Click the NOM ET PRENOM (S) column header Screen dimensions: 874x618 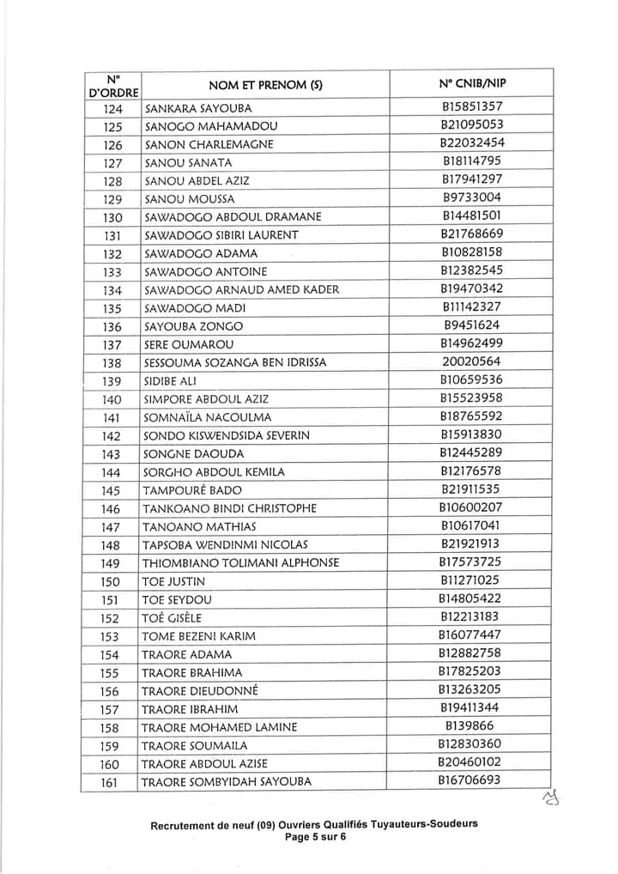265,85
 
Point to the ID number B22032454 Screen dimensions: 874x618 472,143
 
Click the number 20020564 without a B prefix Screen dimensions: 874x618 472,361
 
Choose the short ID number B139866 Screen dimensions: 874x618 472,726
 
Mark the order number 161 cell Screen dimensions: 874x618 110,782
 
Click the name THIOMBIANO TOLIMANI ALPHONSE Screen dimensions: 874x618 240,563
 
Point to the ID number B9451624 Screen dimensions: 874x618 472,325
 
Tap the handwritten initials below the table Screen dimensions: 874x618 549,800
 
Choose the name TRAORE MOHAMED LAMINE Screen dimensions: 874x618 219,727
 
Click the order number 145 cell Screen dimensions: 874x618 112,490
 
